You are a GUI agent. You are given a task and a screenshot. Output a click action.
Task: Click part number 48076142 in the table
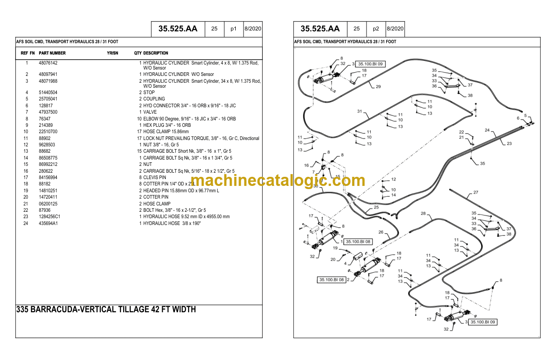coord(48,63)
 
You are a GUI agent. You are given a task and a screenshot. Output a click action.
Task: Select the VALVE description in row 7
coord(150,112)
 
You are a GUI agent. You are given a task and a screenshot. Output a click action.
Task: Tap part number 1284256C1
coord(50,217)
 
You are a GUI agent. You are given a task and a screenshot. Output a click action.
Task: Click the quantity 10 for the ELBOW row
coord(139,119)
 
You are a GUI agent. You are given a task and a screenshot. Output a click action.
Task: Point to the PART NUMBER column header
coord(52,53)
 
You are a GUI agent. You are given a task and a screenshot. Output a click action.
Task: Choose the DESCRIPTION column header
coord(156,53)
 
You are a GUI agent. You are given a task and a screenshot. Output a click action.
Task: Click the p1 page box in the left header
coord(233,29)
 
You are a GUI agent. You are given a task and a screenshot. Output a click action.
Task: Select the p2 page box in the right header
coord(376,29)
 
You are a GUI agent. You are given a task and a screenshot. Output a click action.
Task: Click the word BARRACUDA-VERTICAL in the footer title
coord(74,310)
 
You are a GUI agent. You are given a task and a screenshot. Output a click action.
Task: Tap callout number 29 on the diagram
coord(378,87)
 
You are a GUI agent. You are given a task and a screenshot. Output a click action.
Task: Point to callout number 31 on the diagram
coord(359,111)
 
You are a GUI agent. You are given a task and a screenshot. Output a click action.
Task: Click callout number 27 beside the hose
coord(476,192)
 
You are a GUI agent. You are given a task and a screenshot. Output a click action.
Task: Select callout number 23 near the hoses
coord(509,144)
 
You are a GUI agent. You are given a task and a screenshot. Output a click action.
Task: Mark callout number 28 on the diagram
coord(423,214)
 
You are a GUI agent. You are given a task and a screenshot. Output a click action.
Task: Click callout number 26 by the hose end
coord(381,232)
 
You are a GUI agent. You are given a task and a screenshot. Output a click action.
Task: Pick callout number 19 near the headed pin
coord(335,248)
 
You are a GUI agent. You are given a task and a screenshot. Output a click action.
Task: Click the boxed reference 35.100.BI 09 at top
coord(370,64)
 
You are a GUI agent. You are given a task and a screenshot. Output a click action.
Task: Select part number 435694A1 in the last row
coord(48,223)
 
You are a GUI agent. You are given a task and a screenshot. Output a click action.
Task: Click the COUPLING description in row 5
coord(154,99)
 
